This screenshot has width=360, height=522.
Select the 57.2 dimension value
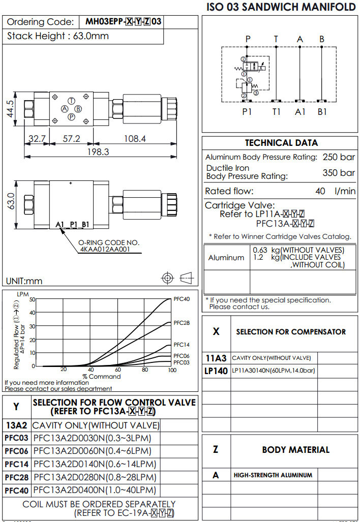point(71,138)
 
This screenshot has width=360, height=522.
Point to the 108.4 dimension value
point(134,138)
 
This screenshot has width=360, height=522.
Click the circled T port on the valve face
point(72,101)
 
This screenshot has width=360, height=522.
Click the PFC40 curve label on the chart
point(182,299)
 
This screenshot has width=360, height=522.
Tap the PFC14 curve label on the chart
point(182,345)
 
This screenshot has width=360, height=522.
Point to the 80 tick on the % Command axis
point(145,370)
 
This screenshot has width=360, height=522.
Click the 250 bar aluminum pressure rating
point(339,157)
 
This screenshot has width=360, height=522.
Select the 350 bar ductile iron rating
point(339,173)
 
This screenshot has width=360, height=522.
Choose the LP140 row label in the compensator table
point(216,371)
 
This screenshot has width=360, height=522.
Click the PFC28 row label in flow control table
point(17,477)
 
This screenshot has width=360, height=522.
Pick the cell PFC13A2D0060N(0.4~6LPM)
point(92,451)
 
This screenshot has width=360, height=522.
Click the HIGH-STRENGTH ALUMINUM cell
point(273,475)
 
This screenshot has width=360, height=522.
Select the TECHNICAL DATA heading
point(281,143)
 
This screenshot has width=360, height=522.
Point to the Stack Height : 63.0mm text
point(58,36)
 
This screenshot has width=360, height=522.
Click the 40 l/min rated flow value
point(336,191)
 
